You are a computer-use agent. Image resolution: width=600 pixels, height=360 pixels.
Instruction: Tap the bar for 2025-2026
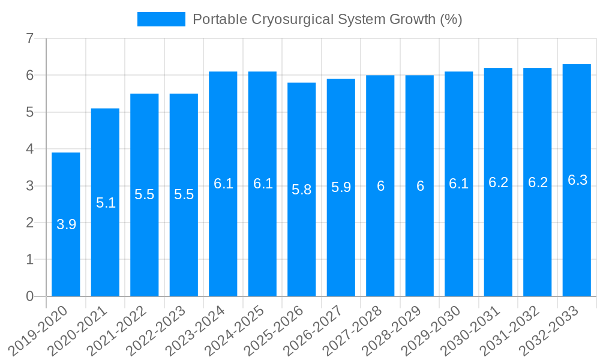[302, 240]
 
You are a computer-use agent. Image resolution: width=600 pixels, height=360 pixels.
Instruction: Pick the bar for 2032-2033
[577, 240]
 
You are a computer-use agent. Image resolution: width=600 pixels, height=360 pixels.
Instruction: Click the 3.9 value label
[66, 224]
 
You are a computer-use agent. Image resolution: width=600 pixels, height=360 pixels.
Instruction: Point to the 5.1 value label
[106, 203]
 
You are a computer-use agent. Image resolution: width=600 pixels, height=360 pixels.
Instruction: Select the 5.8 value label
[302, 190]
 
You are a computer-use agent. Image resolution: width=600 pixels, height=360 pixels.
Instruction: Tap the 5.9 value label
[341, 187]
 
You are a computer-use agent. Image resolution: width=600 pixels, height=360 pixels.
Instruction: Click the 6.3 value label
[577, 180]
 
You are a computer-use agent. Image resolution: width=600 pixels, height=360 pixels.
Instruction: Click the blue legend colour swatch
[161, 19]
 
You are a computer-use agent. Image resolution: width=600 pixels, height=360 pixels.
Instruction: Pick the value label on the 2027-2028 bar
[380, 186]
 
